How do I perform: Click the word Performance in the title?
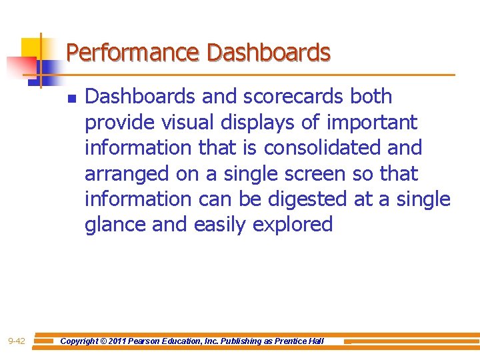click(x=133, y=52)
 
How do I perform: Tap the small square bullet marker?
click(x=71, y=99)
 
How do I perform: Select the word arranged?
click(x=127, y=174)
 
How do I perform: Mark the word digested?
click(x=305, y=199)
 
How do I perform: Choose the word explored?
click(x=293, y=225)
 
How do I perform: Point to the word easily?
click(x=220, y=225)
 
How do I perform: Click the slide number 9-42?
click(x=17, y=341)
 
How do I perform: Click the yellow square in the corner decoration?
click(x=30, y=48)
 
